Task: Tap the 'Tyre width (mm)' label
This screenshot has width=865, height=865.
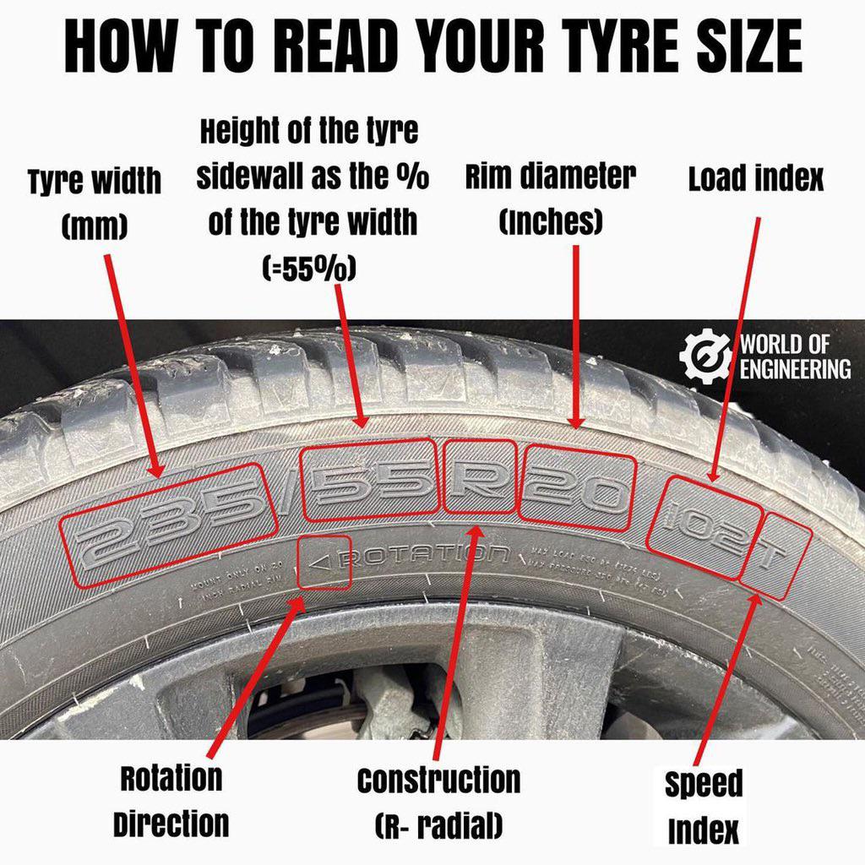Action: pos(94,203)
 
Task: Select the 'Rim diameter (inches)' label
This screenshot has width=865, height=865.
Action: pos(550,199)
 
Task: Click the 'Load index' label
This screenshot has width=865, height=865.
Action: pos(755,179)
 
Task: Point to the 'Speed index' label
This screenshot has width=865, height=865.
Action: pos(703,807)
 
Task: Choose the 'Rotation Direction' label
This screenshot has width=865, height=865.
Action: pos(171,801)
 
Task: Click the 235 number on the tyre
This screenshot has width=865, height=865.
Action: pos(169,525)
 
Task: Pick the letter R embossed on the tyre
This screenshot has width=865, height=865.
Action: pos(480,477)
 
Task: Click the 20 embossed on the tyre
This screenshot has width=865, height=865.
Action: pos(577,489)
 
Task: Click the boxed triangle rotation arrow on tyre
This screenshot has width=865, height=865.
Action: pos(325,562)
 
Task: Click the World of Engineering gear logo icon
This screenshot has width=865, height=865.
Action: pos(706,356)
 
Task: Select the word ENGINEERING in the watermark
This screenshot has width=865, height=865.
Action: pos(795,369)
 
